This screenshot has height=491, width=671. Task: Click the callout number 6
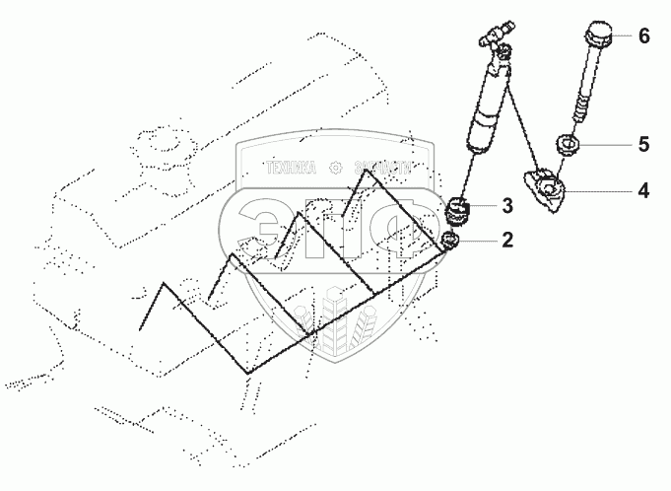point(643,37)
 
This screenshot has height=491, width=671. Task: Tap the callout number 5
point(643,145)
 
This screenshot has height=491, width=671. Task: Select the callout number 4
point(642,190)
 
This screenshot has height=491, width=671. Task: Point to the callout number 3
point(507,206)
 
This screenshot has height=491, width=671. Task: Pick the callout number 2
point(507,238)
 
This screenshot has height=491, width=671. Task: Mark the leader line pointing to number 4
point(601,190)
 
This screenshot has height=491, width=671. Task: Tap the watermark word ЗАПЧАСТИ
point(381,169)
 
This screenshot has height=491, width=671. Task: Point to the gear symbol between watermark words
point(336,169)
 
